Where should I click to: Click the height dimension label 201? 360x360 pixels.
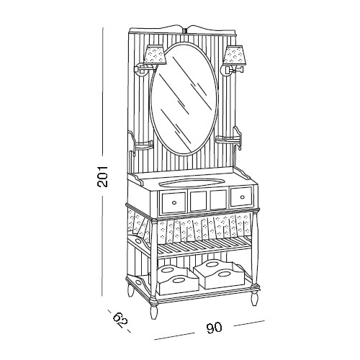click(102, 176)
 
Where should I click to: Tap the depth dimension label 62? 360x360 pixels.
click(120, 320)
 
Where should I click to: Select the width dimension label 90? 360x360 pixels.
click(214, 328)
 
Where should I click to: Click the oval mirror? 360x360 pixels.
click(184, 99)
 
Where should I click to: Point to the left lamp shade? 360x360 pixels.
click(155, 55)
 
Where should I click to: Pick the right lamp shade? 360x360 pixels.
click(234, 55)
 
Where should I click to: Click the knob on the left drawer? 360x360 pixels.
click(174, 202)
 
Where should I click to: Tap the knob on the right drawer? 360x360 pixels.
click(242, 197)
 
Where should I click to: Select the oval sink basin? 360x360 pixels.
click(192, 182)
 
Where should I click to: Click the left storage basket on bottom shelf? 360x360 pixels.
click(177, 280)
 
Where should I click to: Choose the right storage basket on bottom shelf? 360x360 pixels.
click(220, 274)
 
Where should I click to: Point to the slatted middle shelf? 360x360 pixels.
click(204, 247)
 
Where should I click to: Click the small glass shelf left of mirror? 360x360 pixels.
click(143, 145)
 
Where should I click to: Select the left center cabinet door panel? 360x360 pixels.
click(198, 201)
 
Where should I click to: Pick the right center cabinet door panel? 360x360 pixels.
click(218, 199)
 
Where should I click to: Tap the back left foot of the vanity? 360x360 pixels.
click(130, 291)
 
